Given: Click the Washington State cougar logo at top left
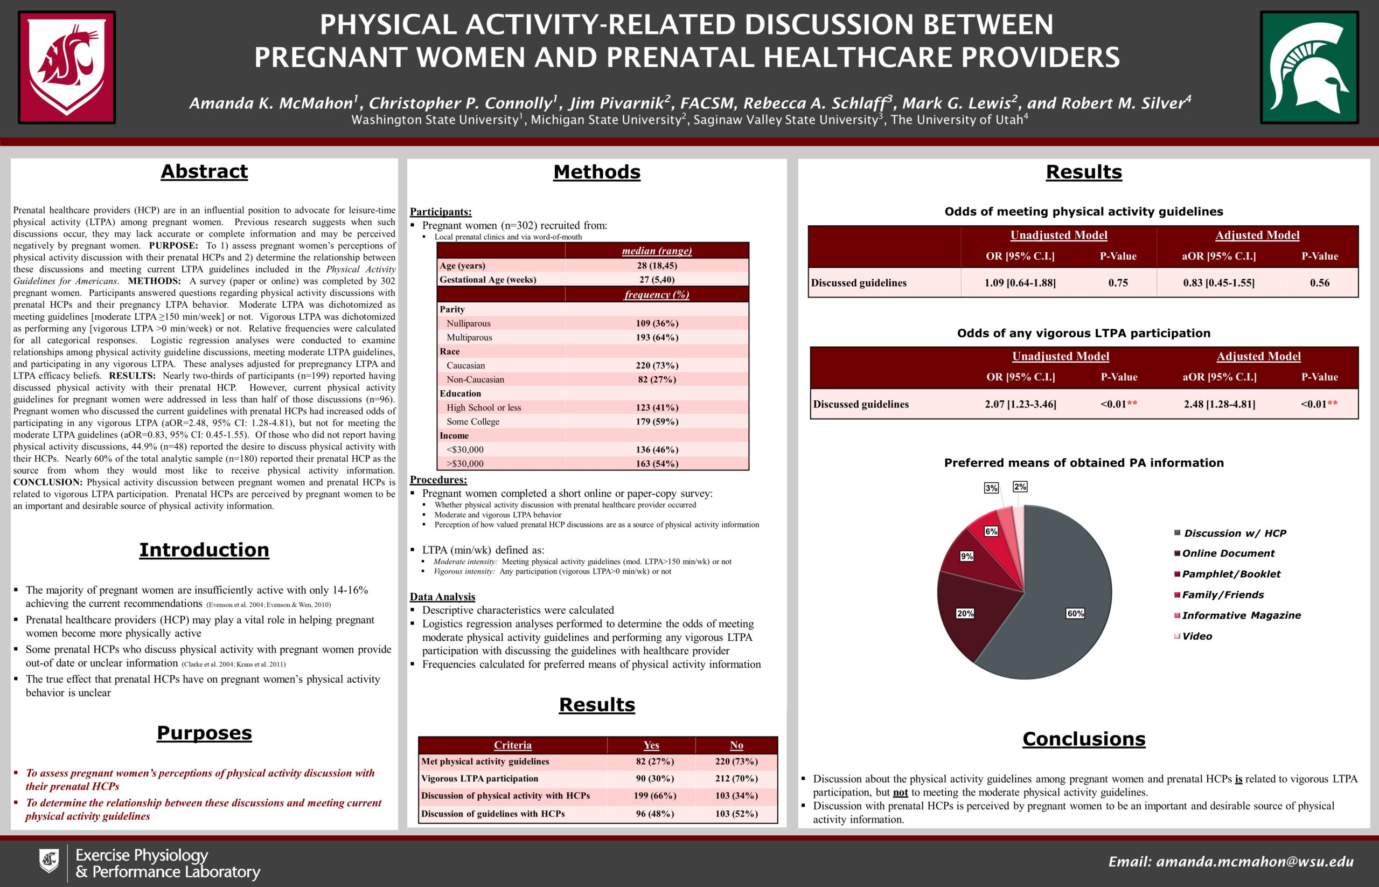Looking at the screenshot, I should [x=67, y=67].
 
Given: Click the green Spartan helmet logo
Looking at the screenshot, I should [x=1310, y=67].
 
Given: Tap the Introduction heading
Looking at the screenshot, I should [x=204, y=550].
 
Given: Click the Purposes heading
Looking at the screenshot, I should [x=204, y=733].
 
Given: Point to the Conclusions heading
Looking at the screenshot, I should [x=1084, y=739].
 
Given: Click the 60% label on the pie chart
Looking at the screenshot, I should [x=1076, y=613].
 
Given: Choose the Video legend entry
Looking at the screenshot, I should [x=1197, y=636].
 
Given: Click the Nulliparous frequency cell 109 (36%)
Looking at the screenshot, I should [x=657, y=324].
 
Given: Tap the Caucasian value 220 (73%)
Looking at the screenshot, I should [x=657, y=366].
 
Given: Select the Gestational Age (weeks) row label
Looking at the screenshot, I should [x=487, y=280].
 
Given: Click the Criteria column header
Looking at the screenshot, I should [x=512, y=745].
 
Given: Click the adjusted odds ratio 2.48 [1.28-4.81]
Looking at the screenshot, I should [x=1220, y=404].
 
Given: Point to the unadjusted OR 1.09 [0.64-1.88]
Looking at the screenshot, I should [x=1020, y=283].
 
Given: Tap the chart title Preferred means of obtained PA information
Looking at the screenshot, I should [x=1084, y=462].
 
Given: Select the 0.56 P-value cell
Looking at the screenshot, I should [x=1319, y=283].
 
